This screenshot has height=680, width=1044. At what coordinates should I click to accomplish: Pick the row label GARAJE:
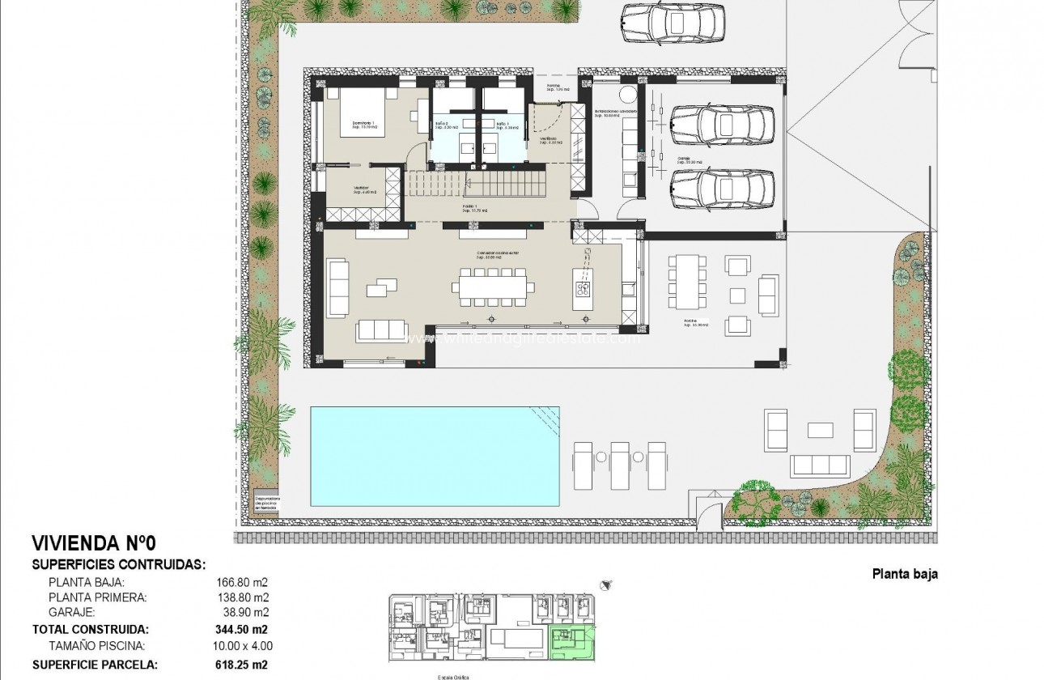(x=71, y=613)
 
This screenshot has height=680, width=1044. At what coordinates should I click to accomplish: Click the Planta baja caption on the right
(x=904, y=575)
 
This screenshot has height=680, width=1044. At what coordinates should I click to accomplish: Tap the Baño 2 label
(x=446, y=125)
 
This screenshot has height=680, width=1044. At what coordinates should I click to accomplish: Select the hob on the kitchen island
(x=581, y=287)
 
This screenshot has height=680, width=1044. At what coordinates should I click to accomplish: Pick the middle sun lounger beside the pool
(x=621, y=466)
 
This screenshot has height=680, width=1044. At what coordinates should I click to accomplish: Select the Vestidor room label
(x=361, y=190)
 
